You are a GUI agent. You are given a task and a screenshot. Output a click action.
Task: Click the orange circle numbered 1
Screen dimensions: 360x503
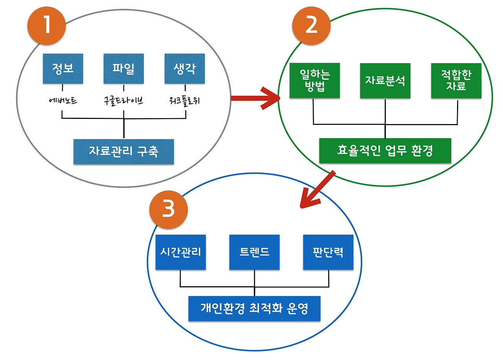46,25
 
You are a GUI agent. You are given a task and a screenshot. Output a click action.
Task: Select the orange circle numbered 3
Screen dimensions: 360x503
168,210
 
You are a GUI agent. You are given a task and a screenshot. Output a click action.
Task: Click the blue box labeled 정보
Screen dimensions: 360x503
63,69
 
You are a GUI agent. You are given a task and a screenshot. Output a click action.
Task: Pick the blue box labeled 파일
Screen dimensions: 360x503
123,69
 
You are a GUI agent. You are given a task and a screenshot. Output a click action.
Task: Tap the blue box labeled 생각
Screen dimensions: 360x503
184,69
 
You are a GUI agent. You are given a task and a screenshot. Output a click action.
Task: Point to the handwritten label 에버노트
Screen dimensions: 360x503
62,101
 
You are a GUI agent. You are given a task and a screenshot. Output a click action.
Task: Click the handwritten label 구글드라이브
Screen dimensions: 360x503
123,101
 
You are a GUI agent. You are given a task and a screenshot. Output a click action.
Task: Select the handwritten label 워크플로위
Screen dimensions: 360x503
184,101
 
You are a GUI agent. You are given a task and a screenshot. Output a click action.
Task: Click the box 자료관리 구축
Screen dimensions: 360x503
123,152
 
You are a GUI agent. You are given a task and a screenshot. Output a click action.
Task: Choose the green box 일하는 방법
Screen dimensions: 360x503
314,80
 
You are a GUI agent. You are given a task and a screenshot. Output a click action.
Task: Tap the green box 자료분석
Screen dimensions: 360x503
385,80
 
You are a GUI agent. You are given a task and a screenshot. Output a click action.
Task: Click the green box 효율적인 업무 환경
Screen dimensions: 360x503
385,150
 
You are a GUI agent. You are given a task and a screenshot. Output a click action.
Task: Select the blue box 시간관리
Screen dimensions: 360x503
180,252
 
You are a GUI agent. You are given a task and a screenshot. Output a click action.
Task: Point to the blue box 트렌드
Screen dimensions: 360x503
254,252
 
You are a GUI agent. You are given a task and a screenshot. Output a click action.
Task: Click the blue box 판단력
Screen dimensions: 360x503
328,252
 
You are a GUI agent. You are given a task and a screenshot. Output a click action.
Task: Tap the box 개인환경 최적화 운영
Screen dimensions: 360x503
254,308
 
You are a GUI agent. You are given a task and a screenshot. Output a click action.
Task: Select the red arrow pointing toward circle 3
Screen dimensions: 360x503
317,190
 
